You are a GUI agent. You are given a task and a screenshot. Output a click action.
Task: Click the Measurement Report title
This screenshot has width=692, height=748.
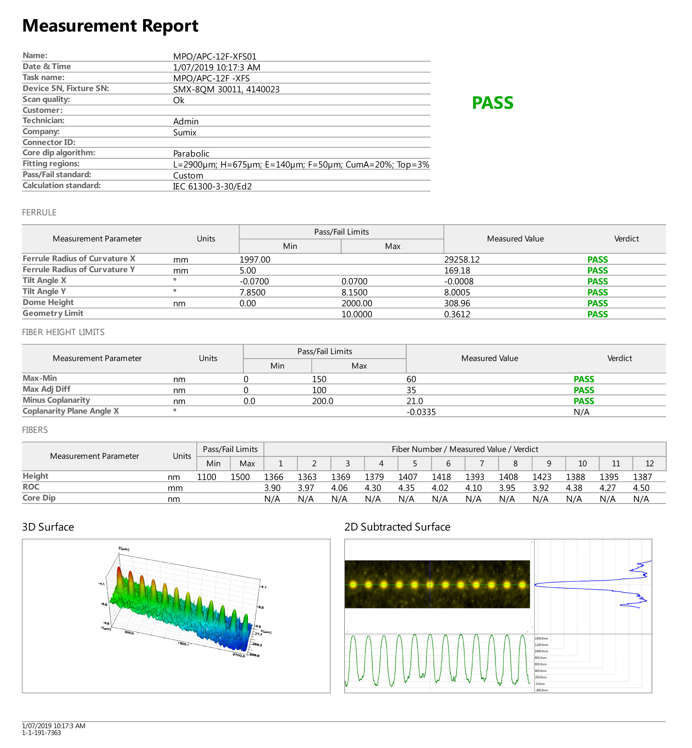click(x=110, y=26)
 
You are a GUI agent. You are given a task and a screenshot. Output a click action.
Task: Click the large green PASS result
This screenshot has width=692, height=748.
click(x=492, y=103)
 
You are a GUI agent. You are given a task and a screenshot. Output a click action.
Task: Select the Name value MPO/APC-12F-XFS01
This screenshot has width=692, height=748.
click(x=214, y=57)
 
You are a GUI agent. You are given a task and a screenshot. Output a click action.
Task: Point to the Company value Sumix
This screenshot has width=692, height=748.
click(x=185, y=133)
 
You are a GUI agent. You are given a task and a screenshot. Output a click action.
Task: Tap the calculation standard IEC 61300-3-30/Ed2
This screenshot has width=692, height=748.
click(x=212, y=186)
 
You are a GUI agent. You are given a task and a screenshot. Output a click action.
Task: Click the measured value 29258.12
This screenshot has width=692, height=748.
click(x=462, y=260)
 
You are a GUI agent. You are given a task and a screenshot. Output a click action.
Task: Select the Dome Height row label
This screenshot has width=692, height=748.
click(x=48, y=303)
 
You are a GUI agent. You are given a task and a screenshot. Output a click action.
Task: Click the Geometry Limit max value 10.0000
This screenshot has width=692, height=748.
click(x=356, y=314)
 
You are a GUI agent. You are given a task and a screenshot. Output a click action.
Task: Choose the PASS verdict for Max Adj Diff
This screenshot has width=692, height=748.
click(x=584, y=390)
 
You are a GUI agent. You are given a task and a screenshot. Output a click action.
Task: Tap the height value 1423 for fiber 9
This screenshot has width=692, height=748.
click(x=542, y=477)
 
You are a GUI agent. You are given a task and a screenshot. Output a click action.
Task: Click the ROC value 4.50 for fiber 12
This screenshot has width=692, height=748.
click(x=641, y=488)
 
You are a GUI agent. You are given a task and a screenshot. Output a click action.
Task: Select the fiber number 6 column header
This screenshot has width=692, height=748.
click(x=448, y=464)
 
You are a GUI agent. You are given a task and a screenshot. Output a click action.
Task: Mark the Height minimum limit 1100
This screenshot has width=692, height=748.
click(x=207, y=477)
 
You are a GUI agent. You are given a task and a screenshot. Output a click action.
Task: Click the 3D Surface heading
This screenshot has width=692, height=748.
click(x=48, y=527)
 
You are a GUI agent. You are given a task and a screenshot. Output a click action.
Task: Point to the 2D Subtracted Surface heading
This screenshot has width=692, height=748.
click(x=397, y=527)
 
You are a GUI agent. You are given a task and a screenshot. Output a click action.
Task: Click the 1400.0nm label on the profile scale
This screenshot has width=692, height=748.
click(x=541, y=638)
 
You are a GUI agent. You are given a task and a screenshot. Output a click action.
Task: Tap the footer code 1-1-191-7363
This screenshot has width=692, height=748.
click(x=41, y=732)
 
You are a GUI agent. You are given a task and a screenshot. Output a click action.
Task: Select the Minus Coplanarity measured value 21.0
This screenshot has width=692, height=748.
click(x=414, y=401)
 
